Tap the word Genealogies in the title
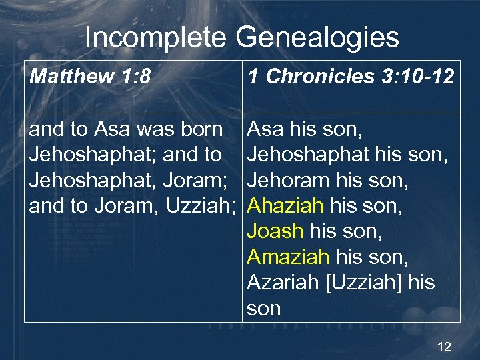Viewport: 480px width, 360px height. point(317,38)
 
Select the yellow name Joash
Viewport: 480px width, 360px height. point(275,231)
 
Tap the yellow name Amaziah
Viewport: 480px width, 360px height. point(288,257)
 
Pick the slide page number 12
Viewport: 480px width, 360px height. point(444,347)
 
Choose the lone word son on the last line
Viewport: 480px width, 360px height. point(264,308)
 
